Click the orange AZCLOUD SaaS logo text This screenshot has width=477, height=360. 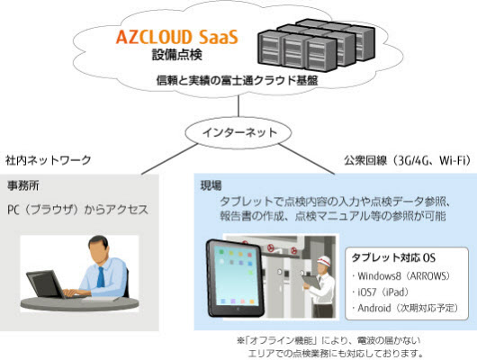pyautogui.click(x=176, y=37)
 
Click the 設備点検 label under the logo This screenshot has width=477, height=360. pyautogui.click(x=177, y=55)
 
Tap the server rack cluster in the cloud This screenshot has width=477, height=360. pyautogui.click(x=316, y=45)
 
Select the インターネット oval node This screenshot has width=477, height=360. pyautogui.click(x=238, y=133)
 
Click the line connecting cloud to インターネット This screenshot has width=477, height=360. pyautogui.click(x=238, y=106)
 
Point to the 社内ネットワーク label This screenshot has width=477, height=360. pyautogui.click(x=48, y=160)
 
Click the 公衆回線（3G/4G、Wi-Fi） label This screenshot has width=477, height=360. pyautogui.click(x=408, y=160)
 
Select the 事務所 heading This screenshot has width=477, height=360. pyautogui.click(x=23, y=185)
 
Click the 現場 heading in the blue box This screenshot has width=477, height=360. pyautogui.click(x=211, y=185)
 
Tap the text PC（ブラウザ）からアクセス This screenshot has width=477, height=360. pyautogui.click(x=78, y=210)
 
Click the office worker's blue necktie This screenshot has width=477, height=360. pyautogui.click(x=101, y=277)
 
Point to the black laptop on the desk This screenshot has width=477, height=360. pyautogui.click(x=46, y=284)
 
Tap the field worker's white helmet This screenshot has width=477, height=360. pyautogui.click(x=324, y=260)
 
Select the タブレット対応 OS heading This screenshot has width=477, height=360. pyautogui.click(x=393, y=257)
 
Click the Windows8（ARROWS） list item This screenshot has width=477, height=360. pyautogui.click(x=400, y=276)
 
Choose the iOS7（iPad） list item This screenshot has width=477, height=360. pyautogui.click(x=381, y=292)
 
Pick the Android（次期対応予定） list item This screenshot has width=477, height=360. pyautogui.click(x=405, y=308)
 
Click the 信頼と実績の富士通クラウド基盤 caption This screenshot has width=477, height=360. pyautogui.click(x=238, y=81)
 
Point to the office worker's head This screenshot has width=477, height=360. pyautogui.click(x=98, y=247)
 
